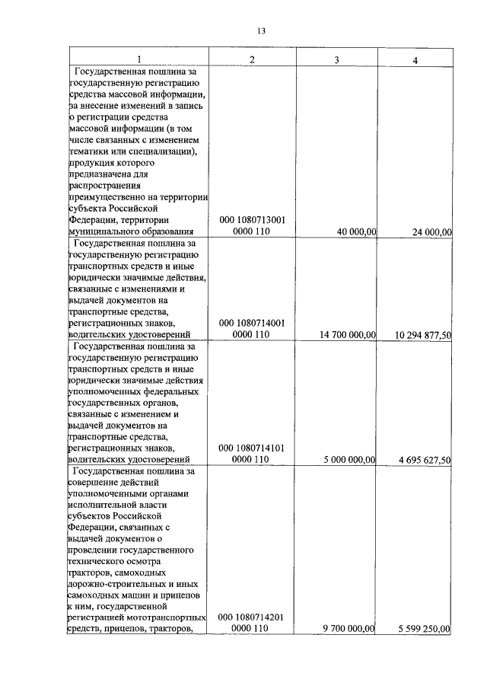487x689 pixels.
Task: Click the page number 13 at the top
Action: pyautogui.click(x=261, y=31)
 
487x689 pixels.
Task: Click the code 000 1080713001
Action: pyautogui.click(x=252, y=219)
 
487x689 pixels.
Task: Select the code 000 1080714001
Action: pyautogui.click(x=252, y=322)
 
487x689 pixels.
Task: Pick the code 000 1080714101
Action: pyautogui.click(x=252, y=448)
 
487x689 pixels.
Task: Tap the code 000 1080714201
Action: pyautogui.click(x=252, y=617)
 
